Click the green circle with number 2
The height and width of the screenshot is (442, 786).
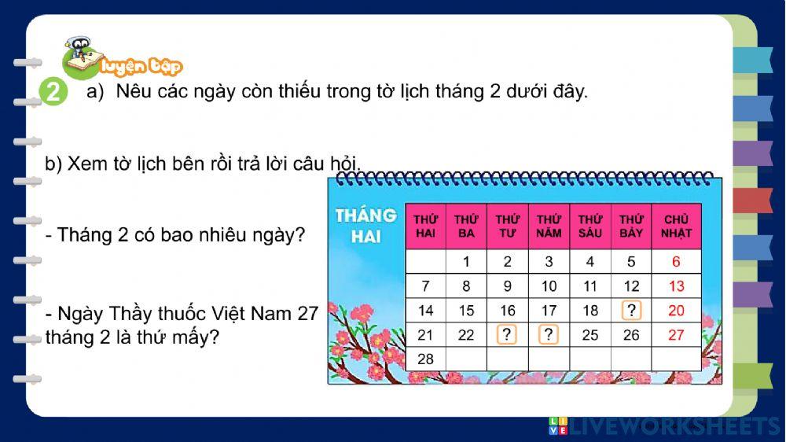click(x=53, y=93)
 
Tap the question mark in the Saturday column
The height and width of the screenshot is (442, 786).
click(x=631, y=310)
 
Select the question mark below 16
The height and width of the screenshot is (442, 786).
click(x=508, y=335)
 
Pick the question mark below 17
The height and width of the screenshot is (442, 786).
click(x=549, y=335)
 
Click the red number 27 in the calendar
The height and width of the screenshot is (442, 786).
click(x=676, y=335)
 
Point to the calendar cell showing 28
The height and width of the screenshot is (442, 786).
click(x=425, y=359)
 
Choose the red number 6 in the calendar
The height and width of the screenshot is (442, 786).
click(x=676, y=262)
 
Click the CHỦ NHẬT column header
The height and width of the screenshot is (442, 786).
click(x=676, y=227)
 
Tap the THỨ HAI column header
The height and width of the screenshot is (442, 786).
click(x=425, y=227)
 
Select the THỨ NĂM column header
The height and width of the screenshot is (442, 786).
click(x=549, y=227)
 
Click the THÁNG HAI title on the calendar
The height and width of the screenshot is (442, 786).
click(x=365, y=225)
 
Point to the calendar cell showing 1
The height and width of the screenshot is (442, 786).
click(x=466, y=262)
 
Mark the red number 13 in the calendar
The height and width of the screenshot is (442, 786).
click(x=676, y=286)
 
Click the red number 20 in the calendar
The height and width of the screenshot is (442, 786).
click(x=676, y=311)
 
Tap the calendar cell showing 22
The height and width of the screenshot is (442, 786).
click(x=466, y=335)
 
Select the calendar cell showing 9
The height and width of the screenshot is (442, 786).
click(x=508, y=286)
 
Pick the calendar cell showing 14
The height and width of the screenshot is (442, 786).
click(x=425, y=311)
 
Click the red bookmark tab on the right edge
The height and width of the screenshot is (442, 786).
click(x=753, y=201)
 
